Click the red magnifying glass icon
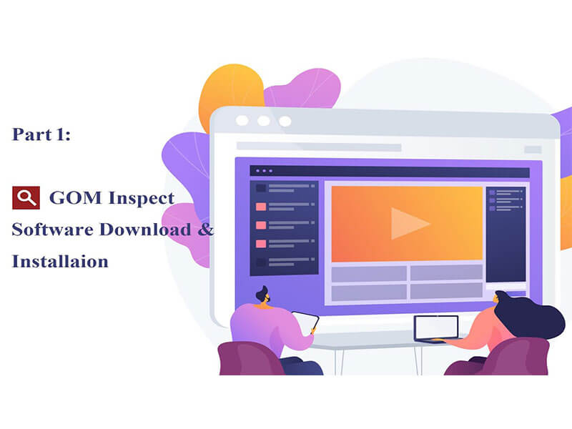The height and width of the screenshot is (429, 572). (x=26, y=197)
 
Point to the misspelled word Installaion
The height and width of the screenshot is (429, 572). (x=60, y=262)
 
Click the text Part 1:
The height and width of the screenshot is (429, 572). (x=41, y=134)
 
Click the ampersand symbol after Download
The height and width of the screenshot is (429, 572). (x=206, y=230)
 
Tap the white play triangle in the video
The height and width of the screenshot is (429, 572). (x=408, y=223)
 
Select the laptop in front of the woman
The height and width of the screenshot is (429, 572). (x=436, y=328)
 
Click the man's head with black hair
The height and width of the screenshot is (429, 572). (x=261, y=294)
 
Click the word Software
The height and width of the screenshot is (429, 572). (x=51, y=230)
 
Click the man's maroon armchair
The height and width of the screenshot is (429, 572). (x=247, y=358)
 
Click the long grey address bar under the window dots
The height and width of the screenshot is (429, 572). (x=318, y=147)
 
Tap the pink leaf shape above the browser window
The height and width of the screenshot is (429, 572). (x=300, y=88)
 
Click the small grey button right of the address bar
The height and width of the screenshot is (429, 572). (x=533, y=149)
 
